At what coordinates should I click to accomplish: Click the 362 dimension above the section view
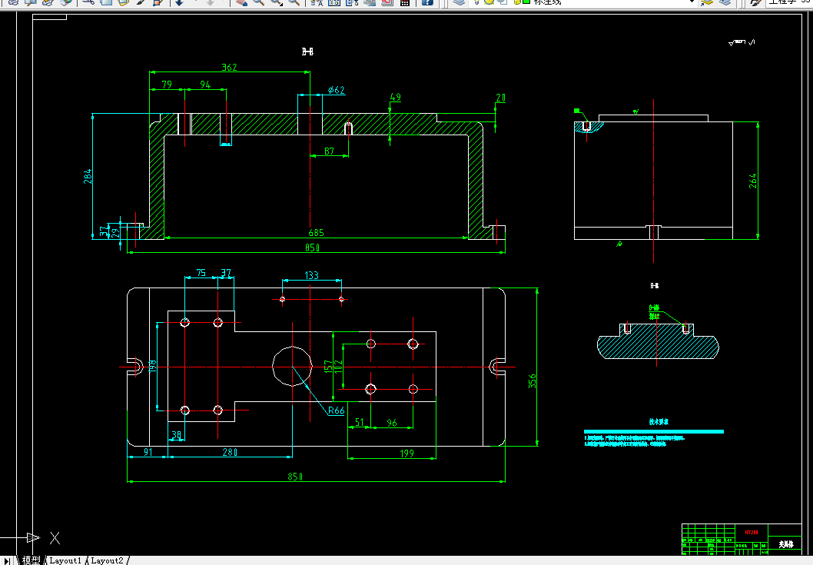(229, 68)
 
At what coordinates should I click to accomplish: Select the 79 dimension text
(167, 85)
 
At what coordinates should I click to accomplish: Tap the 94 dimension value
(205, 85)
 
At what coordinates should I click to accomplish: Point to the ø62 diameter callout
(336, 91)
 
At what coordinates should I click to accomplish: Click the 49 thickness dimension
(396, 98)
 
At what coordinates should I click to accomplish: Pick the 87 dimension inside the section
(329, 151)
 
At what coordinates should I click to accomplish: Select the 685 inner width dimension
(316, 233)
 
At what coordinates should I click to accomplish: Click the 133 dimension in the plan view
(311, 275)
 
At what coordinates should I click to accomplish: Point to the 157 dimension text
(328, 368)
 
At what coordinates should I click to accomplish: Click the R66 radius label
(336, 410)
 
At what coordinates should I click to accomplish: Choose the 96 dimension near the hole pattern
(392, 423)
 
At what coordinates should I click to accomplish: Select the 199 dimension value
(407, 454)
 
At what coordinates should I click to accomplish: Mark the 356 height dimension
(533, 381)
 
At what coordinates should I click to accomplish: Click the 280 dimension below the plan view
(229, 453)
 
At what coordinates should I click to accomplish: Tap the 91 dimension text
(148, 453)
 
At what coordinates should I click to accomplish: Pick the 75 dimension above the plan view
(201, 273)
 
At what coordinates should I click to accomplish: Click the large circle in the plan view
(293, 366)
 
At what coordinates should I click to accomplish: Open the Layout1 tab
(65, 560)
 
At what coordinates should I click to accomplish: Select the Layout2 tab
(107, 560)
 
